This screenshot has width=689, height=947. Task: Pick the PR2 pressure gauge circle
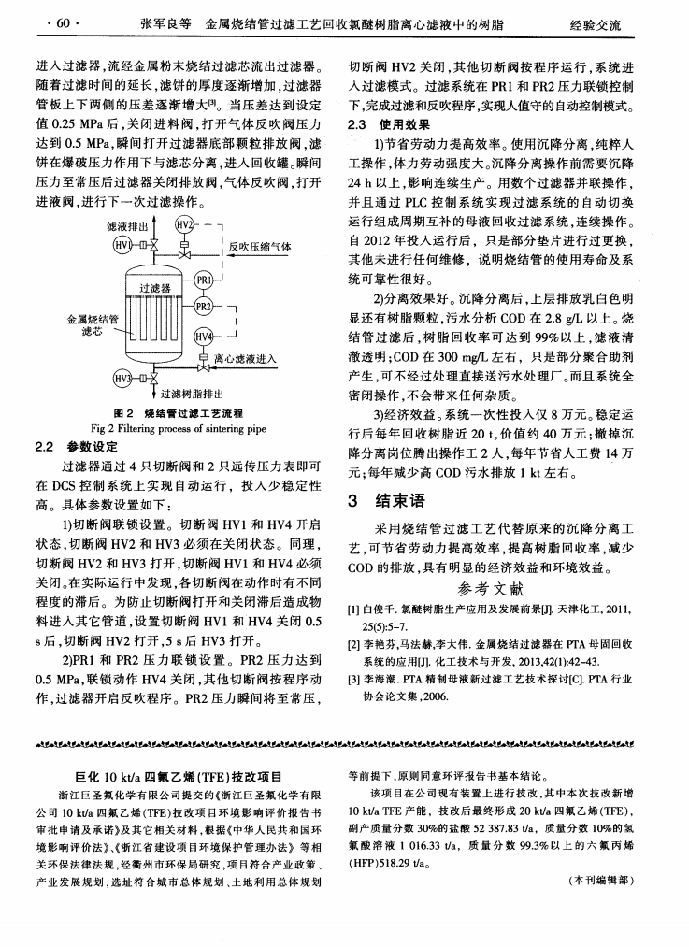204,308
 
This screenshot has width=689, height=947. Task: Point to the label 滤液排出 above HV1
119,226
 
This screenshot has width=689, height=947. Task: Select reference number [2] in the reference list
356,646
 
